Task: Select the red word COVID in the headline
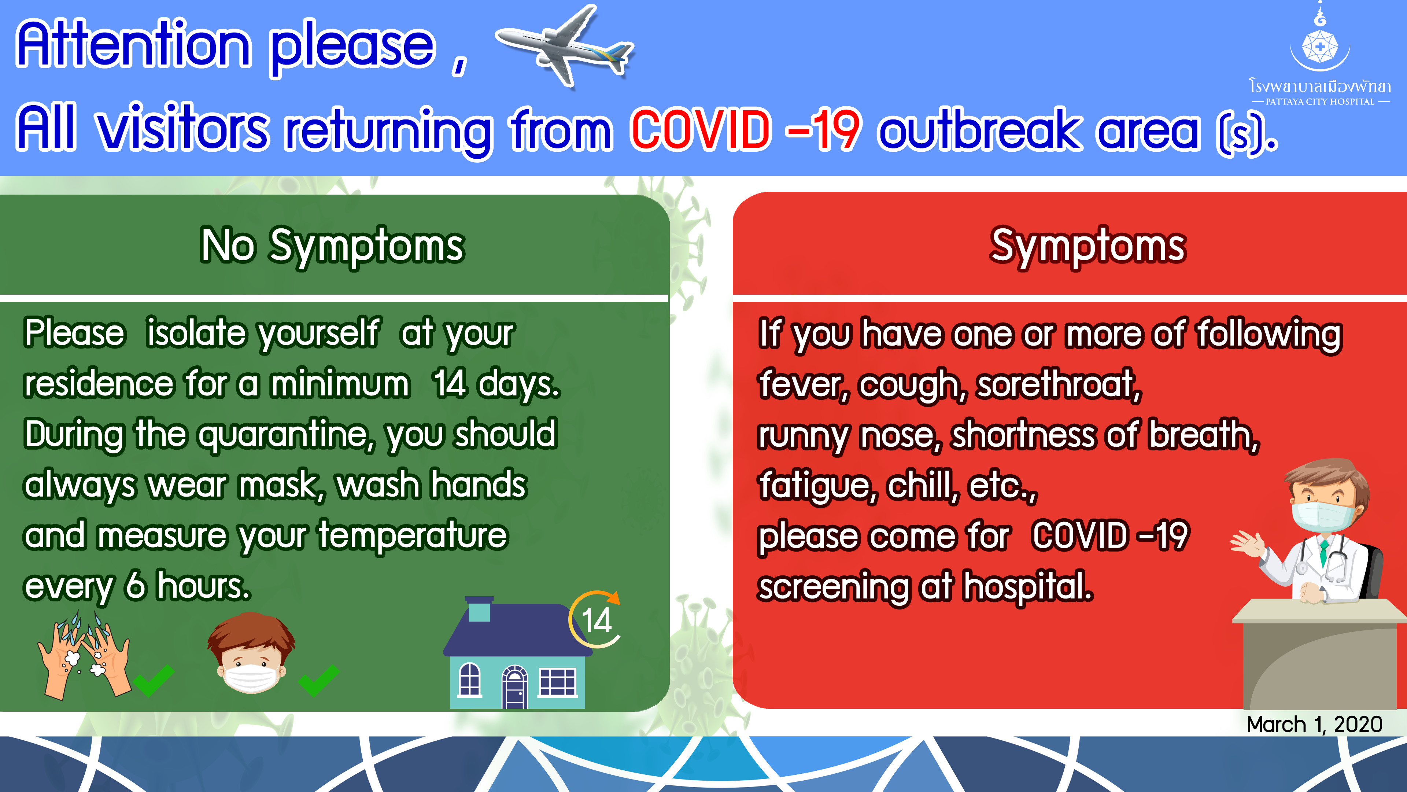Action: (x=701, y=130)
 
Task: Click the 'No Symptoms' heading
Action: (x=332, y=246)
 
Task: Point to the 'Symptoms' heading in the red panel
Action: (x=1087, y=246)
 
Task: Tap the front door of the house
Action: (x=514, y=687)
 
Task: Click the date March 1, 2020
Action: (x=1314, y=724)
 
